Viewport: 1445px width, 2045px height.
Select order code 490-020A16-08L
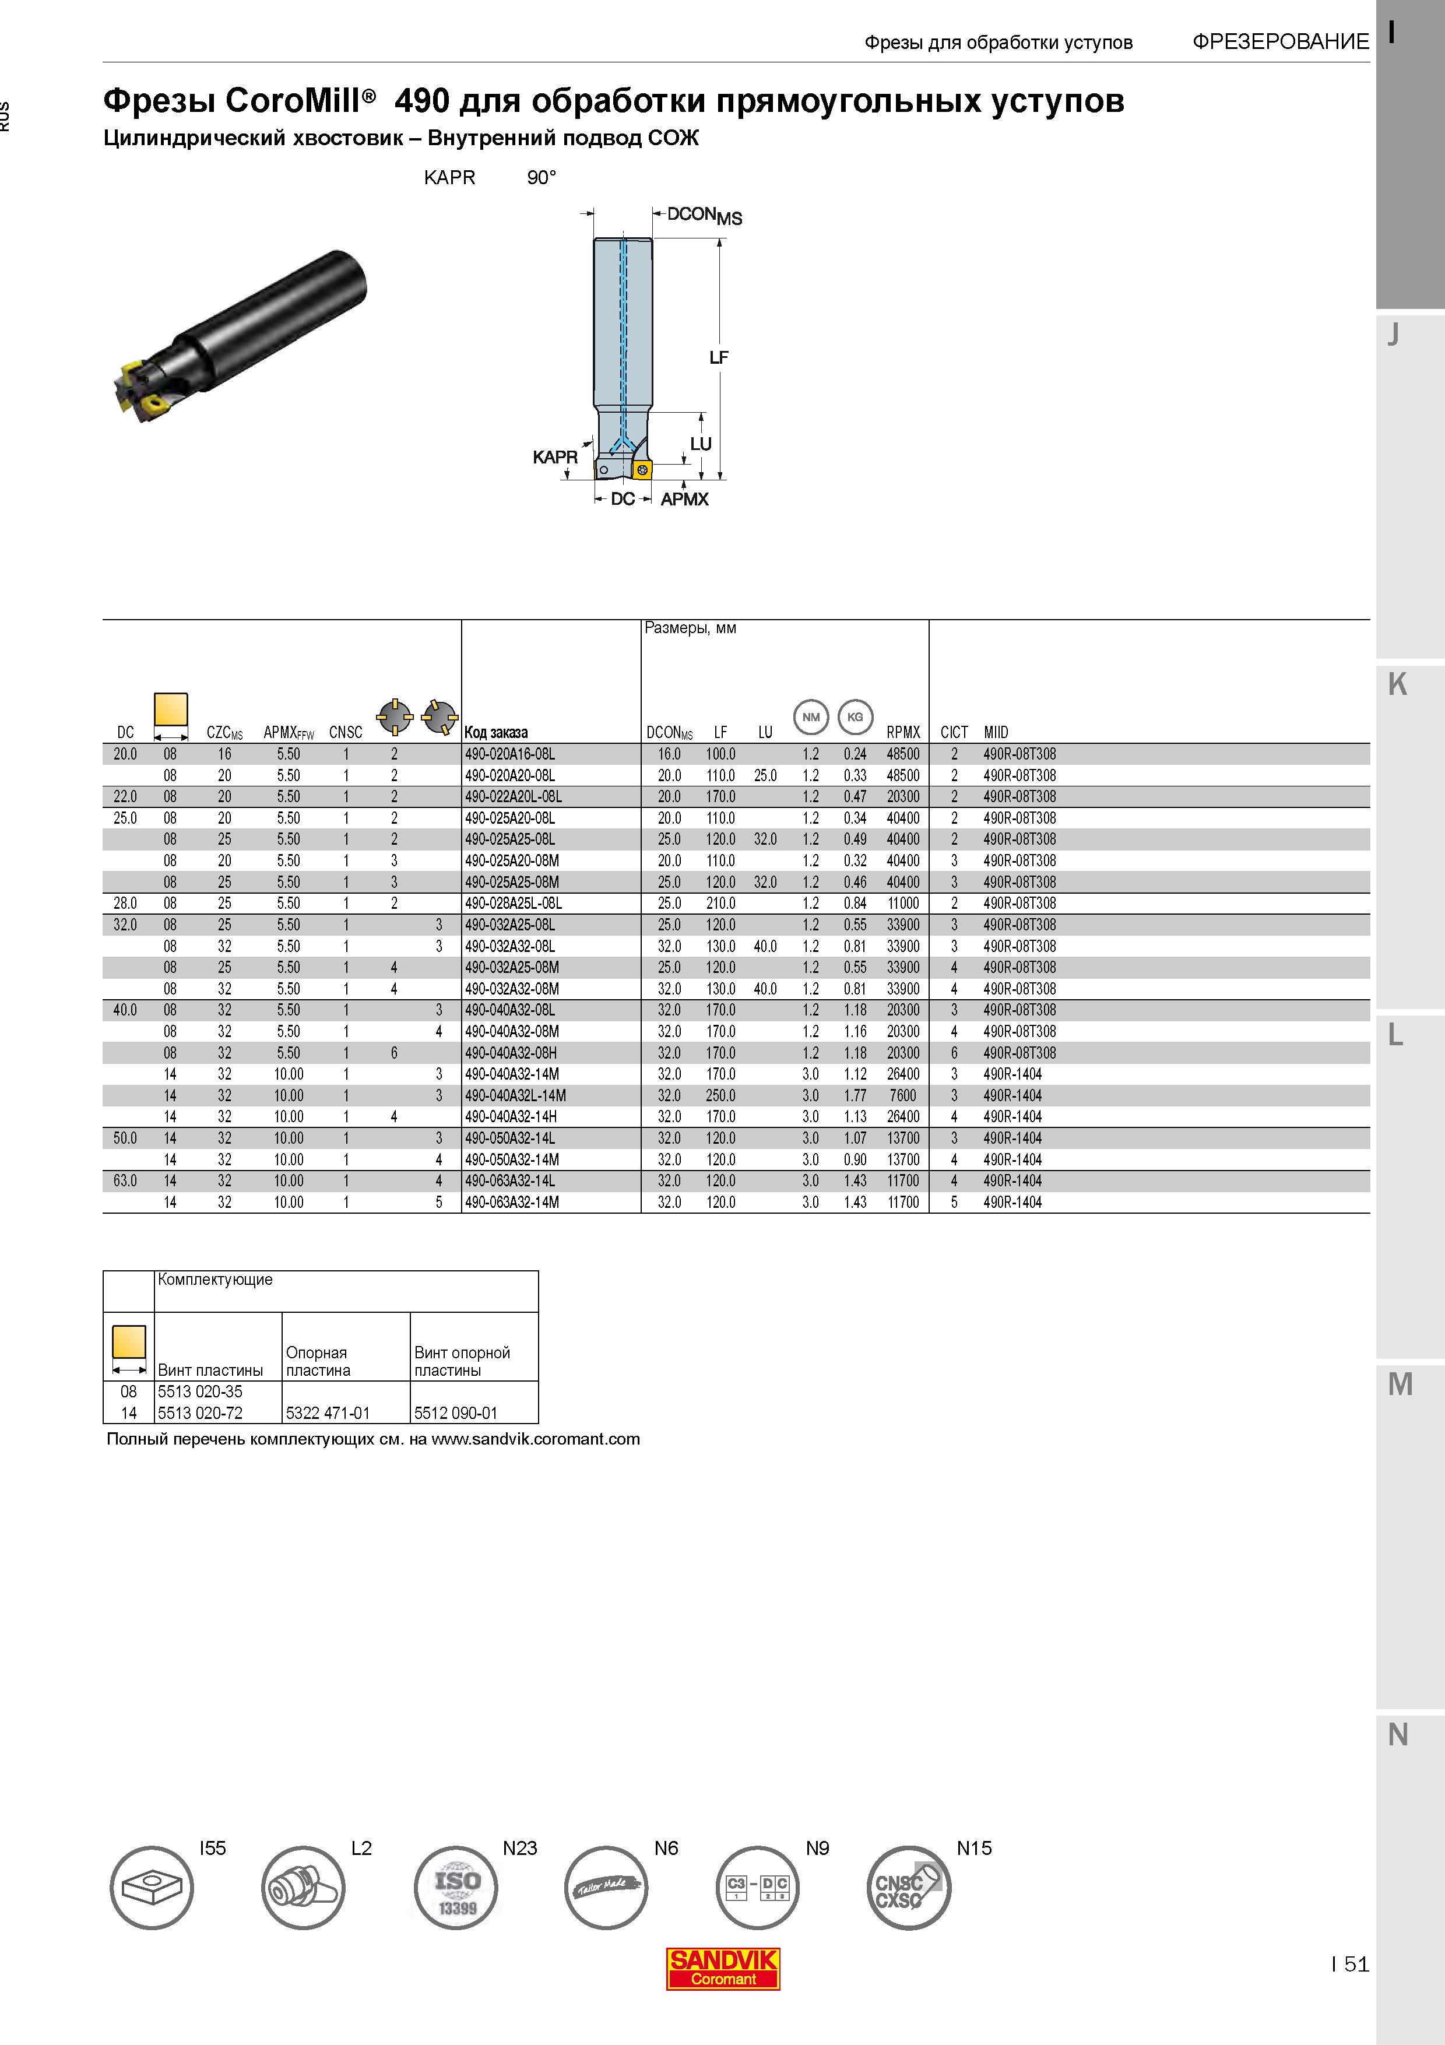(x=509, y=754)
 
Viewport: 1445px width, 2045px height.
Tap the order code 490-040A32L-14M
(x=515, y=1095)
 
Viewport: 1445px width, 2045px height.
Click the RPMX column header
(x=903, y=732)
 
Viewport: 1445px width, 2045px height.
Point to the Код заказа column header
(x=496, y=733)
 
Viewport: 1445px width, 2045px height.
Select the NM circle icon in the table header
(x=811, y=717)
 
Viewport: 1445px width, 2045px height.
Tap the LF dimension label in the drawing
(x=719, y=357)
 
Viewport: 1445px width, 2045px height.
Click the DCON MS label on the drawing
(x=704, y=216)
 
